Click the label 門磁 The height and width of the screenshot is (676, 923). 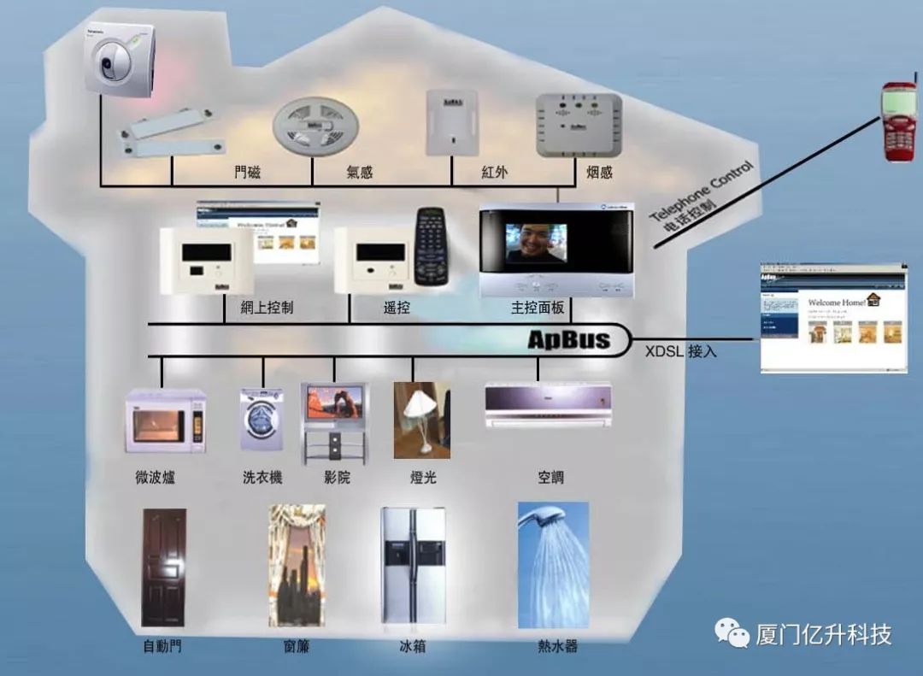pos(248,173)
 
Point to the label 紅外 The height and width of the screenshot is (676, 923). pos(494,173)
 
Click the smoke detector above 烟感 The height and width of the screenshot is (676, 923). pos(578,125)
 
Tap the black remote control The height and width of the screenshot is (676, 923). pos(432,246)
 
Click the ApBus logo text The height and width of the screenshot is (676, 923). pos(568,340)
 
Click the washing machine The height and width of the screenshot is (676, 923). pos(261,419)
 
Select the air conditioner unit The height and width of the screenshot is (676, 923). pos(548,405)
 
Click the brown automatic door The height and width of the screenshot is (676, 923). pos(163,567)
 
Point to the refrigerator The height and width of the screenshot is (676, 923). pos(413,567)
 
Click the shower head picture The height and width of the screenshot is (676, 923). pos(553,564)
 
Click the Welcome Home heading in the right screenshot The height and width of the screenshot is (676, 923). pos(838,303)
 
